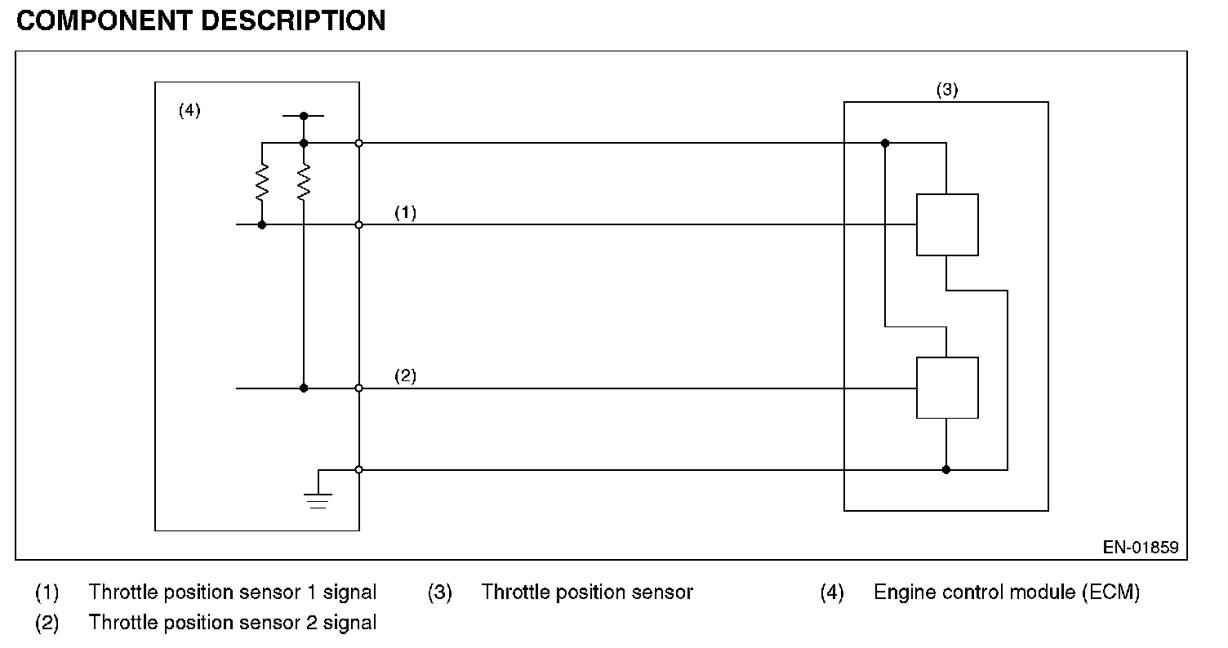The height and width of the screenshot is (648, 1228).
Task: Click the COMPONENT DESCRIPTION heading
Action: (x=201, y=21)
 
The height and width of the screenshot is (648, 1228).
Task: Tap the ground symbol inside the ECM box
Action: (x=318, y=500)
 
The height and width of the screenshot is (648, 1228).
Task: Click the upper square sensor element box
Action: (x=947, y=224)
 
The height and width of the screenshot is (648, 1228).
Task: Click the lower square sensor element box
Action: (x=947, y=388)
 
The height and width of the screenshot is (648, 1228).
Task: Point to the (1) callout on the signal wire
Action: (x=406, y=212)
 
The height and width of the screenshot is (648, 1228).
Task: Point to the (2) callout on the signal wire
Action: (x=406, y=375)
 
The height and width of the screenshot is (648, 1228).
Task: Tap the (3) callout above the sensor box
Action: (x=947, y=89)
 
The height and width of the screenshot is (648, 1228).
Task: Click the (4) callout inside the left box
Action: (x=189, y=110)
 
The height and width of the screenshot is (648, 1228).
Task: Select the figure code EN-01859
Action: (x=1141, y=548)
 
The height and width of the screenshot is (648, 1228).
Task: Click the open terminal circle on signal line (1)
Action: (x=358, y=224)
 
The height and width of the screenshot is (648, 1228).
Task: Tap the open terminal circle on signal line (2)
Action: (x=358, y=388)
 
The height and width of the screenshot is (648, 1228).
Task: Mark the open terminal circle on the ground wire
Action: (x=358, y=469)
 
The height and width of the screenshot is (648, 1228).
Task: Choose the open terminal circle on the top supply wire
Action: (x=358, y=143)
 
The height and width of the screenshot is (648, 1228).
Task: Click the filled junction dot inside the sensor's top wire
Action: (x=885, y=143)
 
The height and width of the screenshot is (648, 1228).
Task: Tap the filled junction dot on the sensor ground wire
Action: (x=946, y=469)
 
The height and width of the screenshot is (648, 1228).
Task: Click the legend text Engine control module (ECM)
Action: (x=1007, y=593)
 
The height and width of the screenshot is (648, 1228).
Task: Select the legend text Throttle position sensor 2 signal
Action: (x=233, y=622)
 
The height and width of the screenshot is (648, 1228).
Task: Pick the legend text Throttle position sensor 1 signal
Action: (x=233, y=593)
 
